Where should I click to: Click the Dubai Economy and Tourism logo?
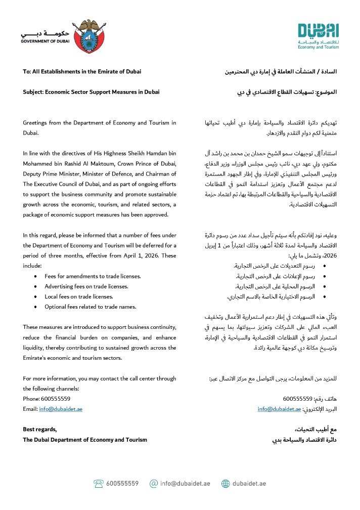coord(318,36)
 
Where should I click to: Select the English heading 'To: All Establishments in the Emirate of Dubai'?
coord(82,71)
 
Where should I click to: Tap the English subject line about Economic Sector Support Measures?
coord(91,92)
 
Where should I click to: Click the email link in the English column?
coord(61,409)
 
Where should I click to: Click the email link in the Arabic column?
coord(279,409)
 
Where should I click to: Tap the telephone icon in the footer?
coord(99,483)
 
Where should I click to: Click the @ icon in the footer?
coord(154,483)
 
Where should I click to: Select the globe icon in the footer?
coord(226,483)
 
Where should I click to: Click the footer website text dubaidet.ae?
coord(249,483)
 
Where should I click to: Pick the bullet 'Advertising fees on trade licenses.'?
coord(86,286)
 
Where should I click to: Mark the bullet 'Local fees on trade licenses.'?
coord(79,296)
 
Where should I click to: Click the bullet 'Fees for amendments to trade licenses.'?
coord(93,276)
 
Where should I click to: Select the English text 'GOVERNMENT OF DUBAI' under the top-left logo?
coord(45,40)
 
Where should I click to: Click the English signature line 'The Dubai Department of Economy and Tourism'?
coord(85,440)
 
